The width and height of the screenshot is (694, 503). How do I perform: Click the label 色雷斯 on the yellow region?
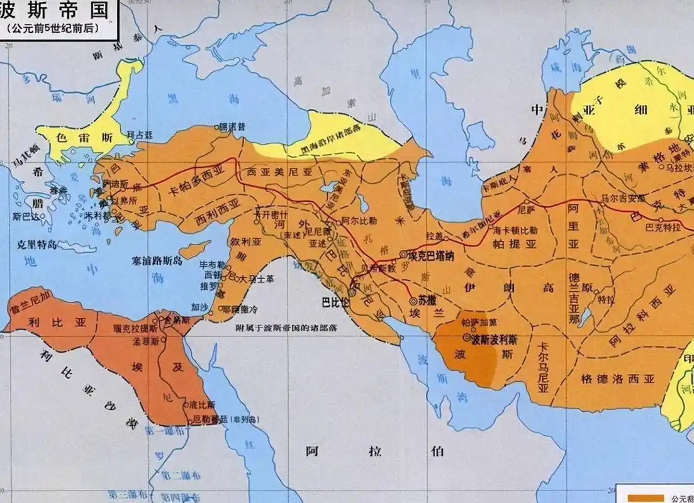click(94, 136)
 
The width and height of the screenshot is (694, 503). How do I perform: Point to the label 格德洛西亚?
click(609, 379)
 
